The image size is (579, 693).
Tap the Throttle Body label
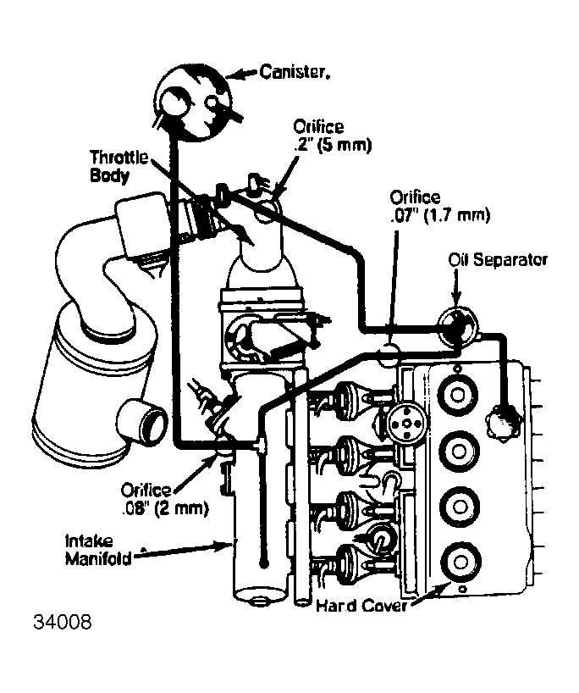(120, 167)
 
